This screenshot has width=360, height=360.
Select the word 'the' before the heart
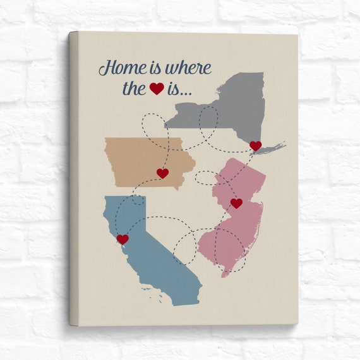point(133,88)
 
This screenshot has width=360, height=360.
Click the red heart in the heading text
point(157,89)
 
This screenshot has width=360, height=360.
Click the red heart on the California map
point(123,239)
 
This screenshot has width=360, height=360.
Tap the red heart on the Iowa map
point(162,173)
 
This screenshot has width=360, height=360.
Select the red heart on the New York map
point(255,146)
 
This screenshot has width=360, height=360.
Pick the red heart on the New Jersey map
point(236,203)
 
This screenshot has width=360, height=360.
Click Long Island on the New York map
point(273,149)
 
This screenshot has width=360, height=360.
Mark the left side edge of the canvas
point(73,177)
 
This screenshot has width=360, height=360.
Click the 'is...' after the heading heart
point(181,89)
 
